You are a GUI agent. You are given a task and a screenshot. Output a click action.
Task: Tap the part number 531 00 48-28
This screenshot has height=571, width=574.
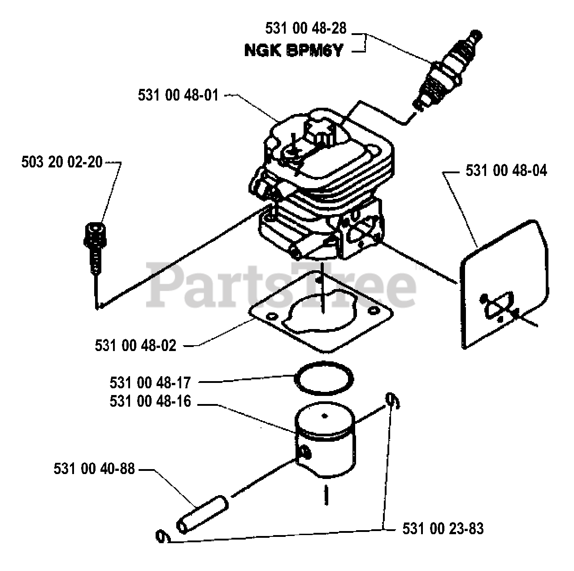pyautogui.click(x=306, y=28)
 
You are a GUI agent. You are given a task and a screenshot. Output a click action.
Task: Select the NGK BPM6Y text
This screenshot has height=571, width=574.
pyautogui.click(x=293, y=51)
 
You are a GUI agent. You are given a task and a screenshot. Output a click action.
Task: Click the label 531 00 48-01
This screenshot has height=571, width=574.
pyautogui.click(x=178, y=95)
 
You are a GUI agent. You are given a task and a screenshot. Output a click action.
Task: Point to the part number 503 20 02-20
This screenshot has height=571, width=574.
pyautogui.click(x=62, y=162)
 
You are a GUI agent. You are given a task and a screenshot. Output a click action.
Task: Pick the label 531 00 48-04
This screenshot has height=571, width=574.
pyautogui.click(x=506, y=171)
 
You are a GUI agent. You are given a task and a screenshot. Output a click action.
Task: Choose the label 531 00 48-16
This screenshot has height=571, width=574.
pyautogui.click(x=150, y=401)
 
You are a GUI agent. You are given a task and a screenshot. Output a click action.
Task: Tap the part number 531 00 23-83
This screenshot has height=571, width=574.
pyautogui.click(x=443, y=528)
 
